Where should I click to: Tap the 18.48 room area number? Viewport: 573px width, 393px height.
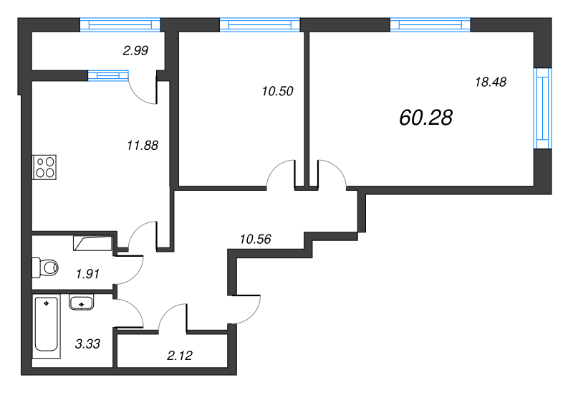tap(491, 82)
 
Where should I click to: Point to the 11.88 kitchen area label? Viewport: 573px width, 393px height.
tap(141, 144)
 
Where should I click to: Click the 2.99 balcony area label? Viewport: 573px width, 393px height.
tap(136, 49)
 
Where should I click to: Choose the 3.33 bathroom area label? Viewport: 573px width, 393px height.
tap(87, 344)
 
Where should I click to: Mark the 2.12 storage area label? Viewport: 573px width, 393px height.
tap(180, 354)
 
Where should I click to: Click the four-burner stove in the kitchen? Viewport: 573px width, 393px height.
tap(44, 167)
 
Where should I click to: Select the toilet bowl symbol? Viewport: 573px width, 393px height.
tap(44, 268)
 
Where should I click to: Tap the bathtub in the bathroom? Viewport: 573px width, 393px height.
tap(47, 327)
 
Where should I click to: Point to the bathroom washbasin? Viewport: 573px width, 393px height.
tap(82, 303)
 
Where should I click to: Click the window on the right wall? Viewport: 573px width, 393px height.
tap(544, 108)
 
